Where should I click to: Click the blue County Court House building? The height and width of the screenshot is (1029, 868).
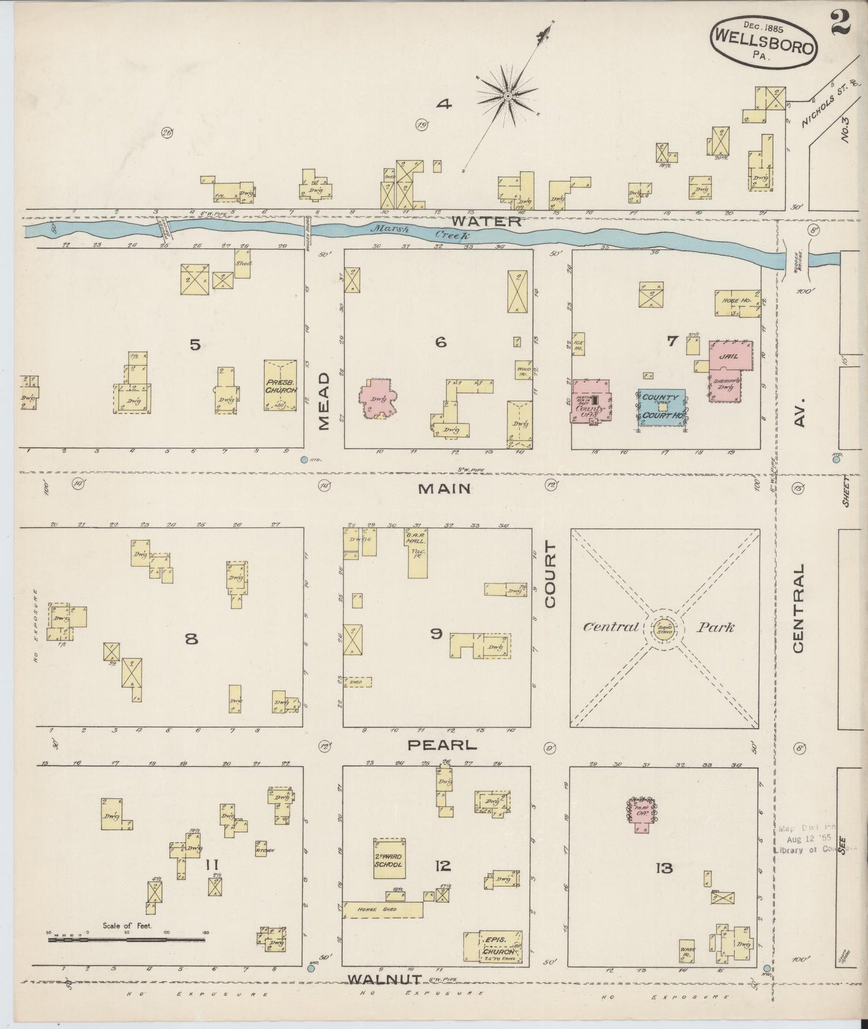(661, 407)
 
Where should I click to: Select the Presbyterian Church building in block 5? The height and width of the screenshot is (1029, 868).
(280, 385)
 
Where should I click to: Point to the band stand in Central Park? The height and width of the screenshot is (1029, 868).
(664, 628)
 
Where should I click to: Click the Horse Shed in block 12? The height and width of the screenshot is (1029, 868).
(383, 910)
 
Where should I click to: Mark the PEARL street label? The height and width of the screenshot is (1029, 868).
(442, 746)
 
